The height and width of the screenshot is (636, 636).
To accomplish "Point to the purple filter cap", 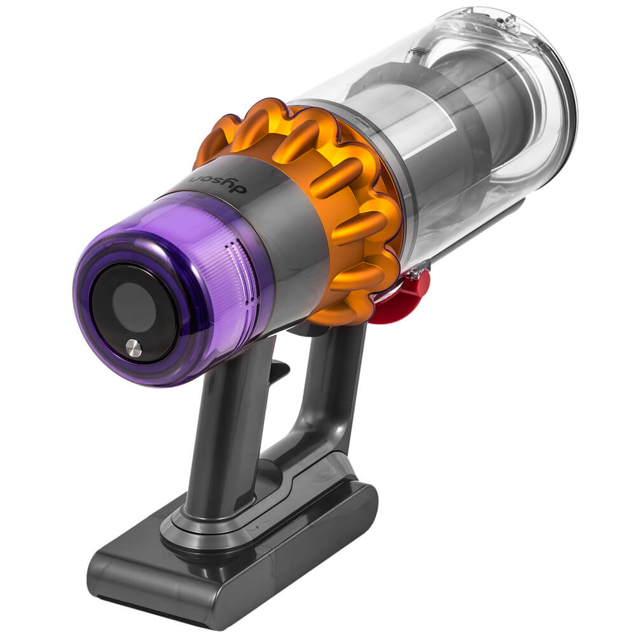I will [x=172, y=286].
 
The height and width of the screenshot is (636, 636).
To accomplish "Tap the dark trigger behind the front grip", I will [x=279, y=372].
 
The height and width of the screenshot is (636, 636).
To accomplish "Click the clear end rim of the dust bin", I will [x=560, y=95].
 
